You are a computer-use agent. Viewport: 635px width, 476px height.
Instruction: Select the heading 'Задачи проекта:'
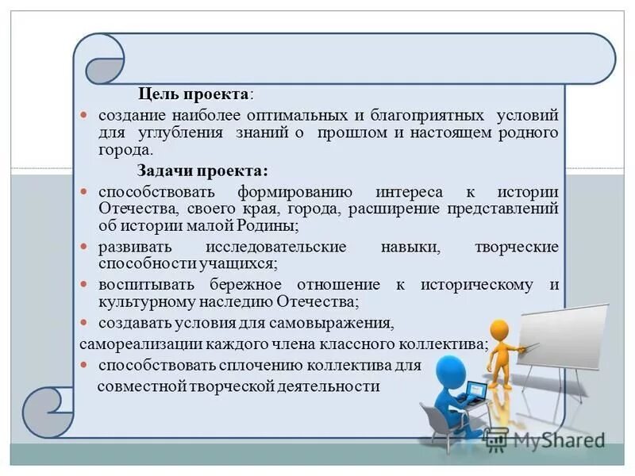(202, 171)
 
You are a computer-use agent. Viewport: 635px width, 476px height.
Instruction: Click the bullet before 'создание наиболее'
(87, 116)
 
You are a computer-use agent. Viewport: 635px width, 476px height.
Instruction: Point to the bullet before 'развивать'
(87, 247)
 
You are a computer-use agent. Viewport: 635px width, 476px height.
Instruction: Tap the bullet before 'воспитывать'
(87, 285)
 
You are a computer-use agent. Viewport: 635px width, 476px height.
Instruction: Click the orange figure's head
(499, 328)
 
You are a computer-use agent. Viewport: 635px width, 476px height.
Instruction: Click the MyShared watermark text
(555, 441)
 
